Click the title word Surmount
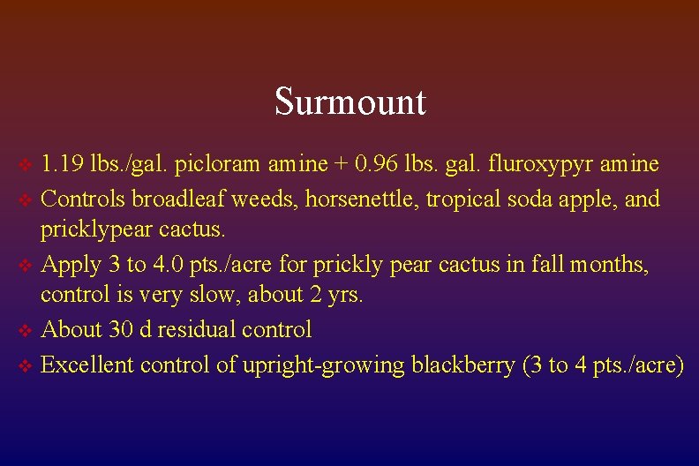click(349, 101)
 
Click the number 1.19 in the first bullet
click(58, 164)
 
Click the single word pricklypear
click(87, 231)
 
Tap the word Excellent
click(86, 364)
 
